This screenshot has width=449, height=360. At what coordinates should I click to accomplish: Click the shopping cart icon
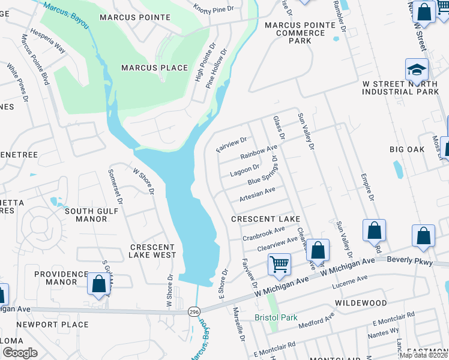pyautogui.click(x=279, y=264)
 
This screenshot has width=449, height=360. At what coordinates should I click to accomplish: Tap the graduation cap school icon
pyautogui.click(x=417, y=70)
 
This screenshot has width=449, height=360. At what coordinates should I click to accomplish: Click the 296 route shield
pyautogui.click(x=193, y=312)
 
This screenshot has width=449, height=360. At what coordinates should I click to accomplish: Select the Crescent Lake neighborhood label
pyautogui.click(x=265, y=219)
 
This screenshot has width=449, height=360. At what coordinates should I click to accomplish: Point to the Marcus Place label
pyautogui.click(x=155, y=68)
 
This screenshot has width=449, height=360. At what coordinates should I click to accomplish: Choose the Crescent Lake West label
pyautogui.click(x=153, y=251)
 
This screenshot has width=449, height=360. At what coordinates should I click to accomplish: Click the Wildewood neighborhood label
pyautogui.click(x=358, y=304)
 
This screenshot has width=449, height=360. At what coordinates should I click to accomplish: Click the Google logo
pyautogui.click(x=20, y=352)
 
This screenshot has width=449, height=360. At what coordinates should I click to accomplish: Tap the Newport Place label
pyautogui.click(x=61, y=325)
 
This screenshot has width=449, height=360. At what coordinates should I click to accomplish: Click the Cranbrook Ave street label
pyautogui.click(x=264, y=233)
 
